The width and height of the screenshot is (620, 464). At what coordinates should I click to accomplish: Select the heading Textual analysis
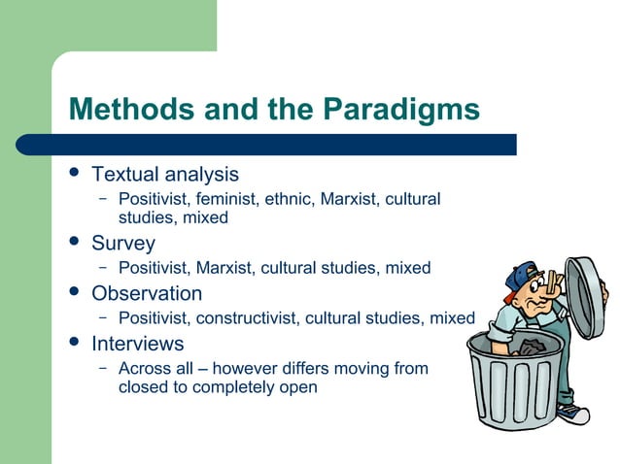(x=164, y=175)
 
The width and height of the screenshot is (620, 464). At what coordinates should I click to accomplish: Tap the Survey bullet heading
(x=122, y=243)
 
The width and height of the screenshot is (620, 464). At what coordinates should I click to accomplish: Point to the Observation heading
(x=147, y=293)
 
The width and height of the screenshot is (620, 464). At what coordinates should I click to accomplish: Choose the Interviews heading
(x=137, y=344)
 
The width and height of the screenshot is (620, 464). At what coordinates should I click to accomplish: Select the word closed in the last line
(x=143, y=387)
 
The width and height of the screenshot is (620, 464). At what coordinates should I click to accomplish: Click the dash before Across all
(x=102, y=369)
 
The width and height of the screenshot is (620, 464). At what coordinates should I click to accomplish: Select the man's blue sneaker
(x=575, y=414)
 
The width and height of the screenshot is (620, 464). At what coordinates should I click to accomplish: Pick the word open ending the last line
(x=297, y=387)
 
